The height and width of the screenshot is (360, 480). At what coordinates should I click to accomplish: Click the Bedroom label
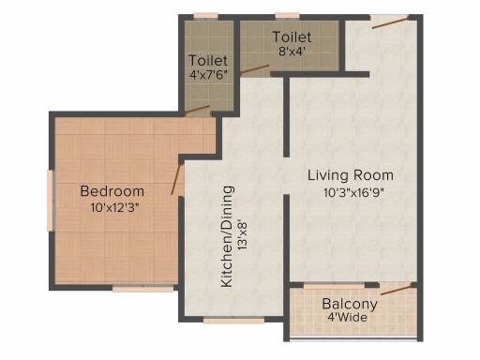pyautogui.click(x=112, y=191)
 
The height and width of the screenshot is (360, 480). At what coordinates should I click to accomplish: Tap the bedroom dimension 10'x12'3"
pyautogui.click(x=114, y=207)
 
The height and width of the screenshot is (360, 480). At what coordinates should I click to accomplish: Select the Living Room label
pyautogui.click(x=351, y=175)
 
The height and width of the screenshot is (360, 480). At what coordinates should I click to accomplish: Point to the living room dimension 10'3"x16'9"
pyautogui.click(x=353, y=192)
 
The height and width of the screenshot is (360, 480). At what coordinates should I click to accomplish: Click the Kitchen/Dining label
pyautogui.click(x=227, y=236)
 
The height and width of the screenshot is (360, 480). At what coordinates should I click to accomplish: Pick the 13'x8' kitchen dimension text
pyautogui.click(x=242, y=235)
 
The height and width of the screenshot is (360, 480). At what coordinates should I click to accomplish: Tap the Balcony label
pyautogui.click(x=350, y=304)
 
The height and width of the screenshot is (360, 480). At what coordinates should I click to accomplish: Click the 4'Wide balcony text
pyautogui.click(x=347, y=318)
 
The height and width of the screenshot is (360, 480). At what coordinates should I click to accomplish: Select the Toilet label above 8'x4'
pyautogui.click(x=292, y=37)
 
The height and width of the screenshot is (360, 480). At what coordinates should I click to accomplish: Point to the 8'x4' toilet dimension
pyautogui.click(x=292, y=51)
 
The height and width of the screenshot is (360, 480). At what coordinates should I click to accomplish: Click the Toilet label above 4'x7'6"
pyautogui.click(x=208, y=60)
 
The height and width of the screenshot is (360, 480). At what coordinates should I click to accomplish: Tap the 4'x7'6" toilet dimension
pyautogui.click(x=208, y=75)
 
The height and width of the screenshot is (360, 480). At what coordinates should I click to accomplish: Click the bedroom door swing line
pyautogui.click(x=176, y=178)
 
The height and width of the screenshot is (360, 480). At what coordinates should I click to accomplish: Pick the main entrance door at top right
pyautogui.click(x=390, y=22)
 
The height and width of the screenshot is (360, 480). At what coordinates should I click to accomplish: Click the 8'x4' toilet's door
pyautogui.click(x=255, y=69)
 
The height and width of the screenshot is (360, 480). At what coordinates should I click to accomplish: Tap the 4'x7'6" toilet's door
pyautogui.click(x=197, y=110)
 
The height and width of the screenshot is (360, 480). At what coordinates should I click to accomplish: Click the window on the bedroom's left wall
pyautogui.click(x=51, y=201)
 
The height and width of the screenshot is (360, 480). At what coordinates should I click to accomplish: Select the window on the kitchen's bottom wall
pyautogui.click(x=233, y=320)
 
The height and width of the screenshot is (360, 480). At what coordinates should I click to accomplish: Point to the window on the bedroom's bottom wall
pyautogui.click(x=143, y=289)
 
